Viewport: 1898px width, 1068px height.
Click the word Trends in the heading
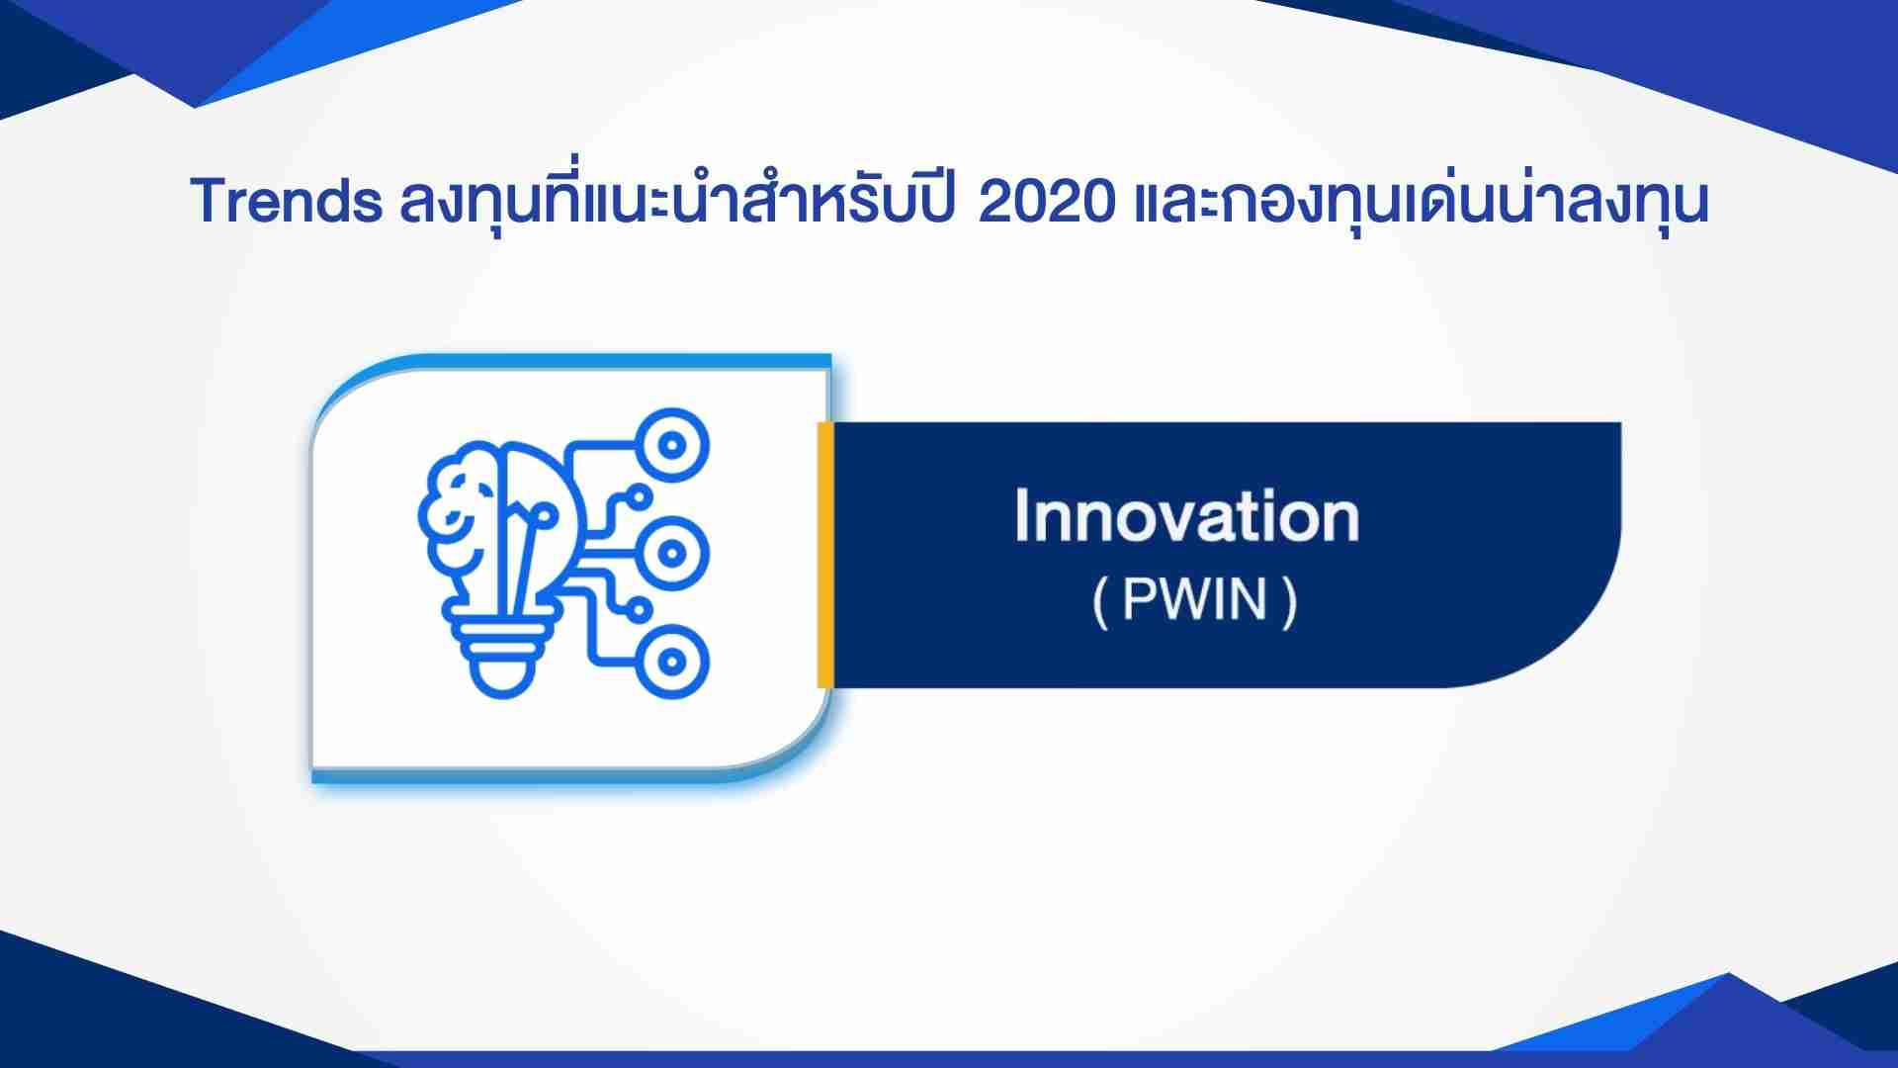click(x=287, y=202)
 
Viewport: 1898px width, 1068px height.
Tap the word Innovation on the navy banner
click(x=1187, y=517)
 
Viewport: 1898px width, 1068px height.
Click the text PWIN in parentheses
click(x=1195, y=599)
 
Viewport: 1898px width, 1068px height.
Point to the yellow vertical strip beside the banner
click(x=824, y=555)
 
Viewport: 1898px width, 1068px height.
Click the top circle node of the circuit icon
click(x=672, y=445)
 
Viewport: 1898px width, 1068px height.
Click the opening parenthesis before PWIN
click(x=1100, y=601)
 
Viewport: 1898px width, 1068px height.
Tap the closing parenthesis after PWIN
click(x=1288, y=601)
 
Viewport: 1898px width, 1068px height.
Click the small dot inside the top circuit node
click(x=672, y=445)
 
